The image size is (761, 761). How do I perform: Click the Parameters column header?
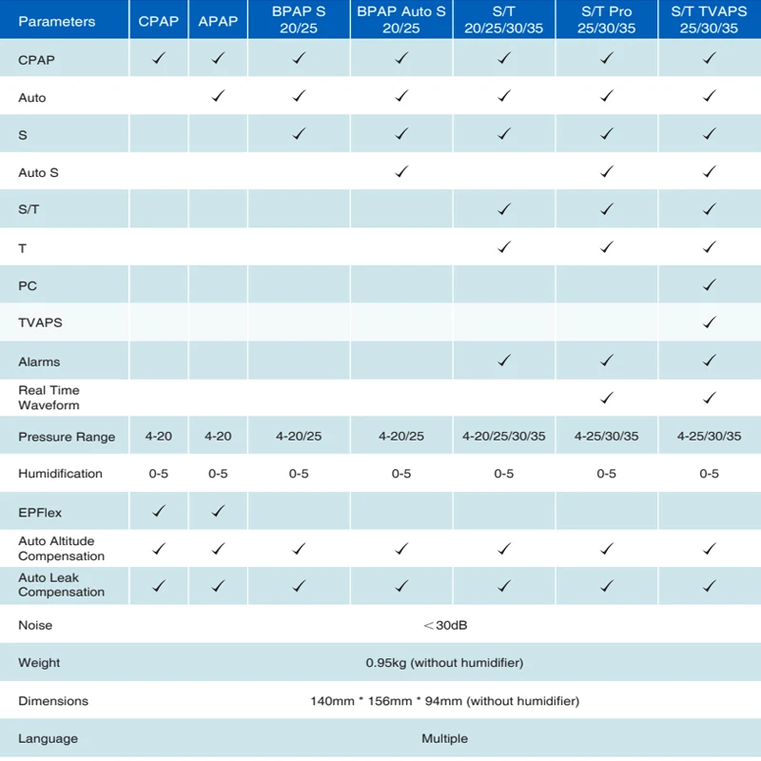(57, 21)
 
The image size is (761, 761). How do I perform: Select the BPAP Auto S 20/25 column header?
(401, 19)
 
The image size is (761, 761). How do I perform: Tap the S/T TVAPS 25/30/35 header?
(709, 19)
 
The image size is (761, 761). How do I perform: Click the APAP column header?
(218, 21)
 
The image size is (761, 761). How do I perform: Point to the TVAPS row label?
(40, 322)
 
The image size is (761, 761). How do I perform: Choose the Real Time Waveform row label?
(49, 398)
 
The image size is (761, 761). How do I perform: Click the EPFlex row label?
(40, 513)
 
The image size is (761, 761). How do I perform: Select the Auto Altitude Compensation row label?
(61, 549)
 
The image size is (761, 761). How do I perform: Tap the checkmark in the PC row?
(710, 284)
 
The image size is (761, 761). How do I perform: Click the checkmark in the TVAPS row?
(710, 322)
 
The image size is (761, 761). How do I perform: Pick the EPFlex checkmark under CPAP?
(159, 511)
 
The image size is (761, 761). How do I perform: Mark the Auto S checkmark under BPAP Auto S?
(401, 171)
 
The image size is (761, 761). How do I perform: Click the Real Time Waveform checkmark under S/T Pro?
(607, 398)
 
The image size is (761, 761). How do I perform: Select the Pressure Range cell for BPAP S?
(299, 437)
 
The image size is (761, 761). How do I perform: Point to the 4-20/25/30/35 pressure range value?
(504, 437)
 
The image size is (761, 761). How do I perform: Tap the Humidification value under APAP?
(218, 474)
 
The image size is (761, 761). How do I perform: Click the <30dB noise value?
(445, 625)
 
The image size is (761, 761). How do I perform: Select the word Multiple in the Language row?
(444, 739)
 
